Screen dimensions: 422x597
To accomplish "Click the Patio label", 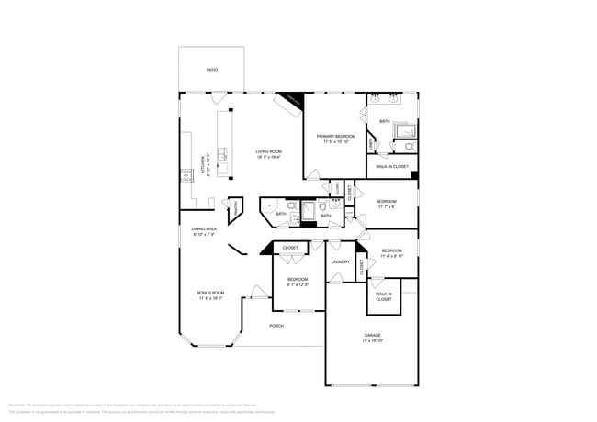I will pos(211,70).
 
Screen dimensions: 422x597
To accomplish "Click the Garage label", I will pos(372,335).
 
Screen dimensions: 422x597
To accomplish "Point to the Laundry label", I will pos(340,261).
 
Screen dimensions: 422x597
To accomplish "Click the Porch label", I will pos(276,326).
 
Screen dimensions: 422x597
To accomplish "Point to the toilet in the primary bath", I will pos(410,148).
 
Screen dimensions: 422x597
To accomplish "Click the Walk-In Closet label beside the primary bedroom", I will pos(392,166).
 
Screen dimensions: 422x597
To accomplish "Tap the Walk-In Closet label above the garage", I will pos(383,296).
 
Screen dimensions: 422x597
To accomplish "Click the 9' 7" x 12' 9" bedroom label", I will pos(297,281).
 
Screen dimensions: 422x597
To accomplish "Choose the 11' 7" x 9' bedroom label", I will pos(386,203).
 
